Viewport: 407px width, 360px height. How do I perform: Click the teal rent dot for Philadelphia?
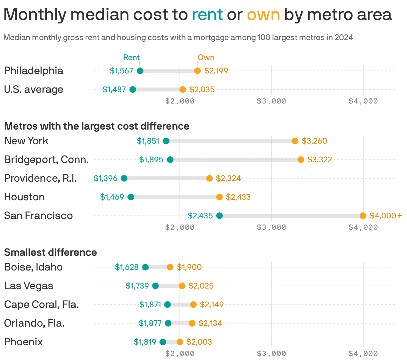[140, 71]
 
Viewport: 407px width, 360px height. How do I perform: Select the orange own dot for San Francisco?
[363, 216]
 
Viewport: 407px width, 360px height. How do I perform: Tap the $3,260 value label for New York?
[314, 141]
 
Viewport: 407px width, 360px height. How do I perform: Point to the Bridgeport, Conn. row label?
[46, 160]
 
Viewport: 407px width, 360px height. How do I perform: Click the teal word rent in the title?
[207, 15]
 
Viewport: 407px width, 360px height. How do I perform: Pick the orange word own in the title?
[263, 15]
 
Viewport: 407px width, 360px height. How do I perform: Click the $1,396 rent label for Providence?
[105, 178]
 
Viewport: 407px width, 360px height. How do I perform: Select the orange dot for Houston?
[220, 197]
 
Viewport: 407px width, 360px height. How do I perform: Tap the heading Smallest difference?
[50, 252]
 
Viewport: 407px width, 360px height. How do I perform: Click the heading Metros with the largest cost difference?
[97, 126]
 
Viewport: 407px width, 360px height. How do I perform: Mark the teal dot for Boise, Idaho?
[145, 267]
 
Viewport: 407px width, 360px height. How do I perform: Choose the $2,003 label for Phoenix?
[199, 342]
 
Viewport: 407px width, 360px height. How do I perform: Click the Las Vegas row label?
[29, 286]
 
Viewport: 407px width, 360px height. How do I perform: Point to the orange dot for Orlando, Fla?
[192, 323]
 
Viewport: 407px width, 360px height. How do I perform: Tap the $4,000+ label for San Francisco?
[386, 216]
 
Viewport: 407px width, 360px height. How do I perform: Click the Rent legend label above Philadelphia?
[131, 57]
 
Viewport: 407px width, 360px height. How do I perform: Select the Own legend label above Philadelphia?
[206, 57]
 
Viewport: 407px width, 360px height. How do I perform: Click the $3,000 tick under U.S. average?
[271, 101]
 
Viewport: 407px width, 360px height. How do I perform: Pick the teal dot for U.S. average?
[133, 89]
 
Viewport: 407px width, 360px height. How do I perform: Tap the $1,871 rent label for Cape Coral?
[150, 305]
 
